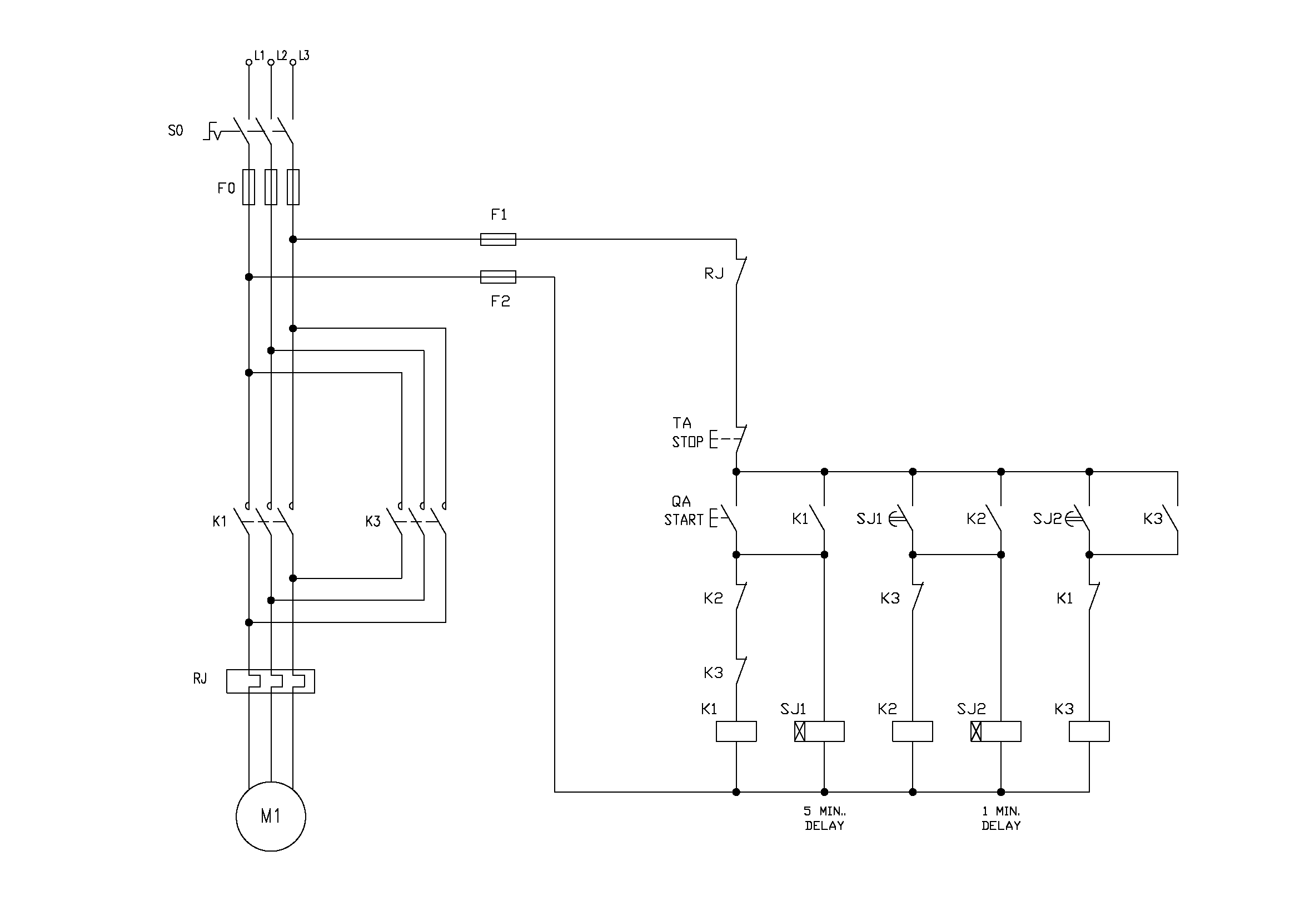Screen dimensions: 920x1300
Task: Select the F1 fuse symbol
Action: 497,239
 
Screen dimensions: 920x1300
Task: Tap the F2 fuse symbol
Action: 497,277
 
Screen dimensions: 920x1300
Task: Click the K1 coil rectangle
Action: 736,731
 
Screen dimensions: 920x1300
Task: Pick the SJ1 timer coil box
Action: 819,731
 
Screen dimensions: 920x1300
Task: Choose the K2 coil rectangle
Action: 912,731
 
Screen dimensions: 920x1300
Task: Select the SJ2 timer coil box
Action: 995,731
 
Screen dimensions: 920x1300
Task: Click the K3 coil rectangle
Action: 1089,731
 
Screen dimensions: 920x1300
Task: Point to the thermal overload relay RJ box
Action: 271,681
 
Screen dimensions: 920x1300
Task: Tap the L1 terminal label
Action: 260,56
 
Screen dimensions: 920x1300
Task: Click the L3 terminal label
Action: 304,56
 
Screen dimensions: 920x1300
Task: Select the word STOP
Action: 688,442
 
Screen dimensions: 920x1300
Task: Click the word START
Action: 684,520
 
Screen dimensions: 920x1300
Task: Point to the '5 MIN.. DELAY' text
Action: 824,819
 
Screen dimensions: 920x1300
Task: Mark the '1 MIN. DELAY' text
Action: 1000,819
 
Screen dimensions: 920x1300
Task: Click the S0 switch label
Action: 176,131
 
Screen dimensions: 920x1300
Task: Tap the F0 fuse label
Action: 226,188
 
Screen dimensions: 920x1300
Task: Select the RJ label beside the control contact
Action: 714,274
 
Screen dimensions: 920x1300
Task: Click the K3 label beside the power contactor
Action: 372,521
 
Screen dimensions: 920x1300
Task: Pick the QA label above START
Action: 681,501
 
